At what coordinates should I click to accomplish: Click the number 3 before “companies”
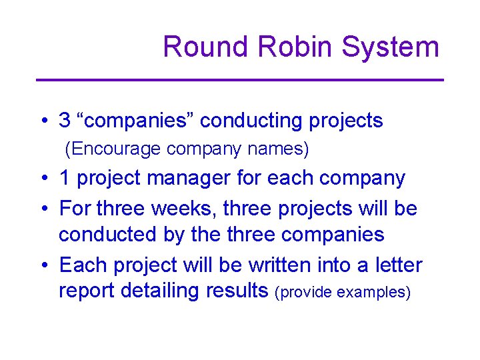65,121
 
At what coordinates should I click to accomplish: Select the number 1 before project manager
65,179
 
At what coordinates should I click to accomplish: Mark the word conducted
103,235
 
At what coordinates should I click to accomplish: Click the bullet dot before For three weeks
43,209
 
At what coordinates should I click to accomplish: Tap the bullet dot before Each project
43,266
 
